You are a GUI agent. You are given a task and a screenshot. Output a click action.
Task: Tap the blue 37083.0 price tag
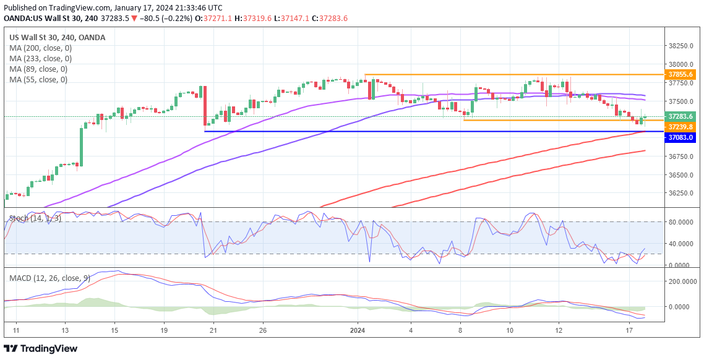[x=681, y=138]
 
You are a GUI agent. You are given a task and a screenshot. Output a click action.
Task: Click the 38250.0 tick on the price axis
[x=682, y=46]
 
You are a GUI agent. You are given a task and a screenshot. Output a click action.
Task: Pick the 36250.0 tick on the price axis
[x=682, y=194]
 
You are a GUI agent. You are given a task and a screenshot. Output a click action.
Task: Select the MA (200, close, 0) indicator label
[x=40, y=48]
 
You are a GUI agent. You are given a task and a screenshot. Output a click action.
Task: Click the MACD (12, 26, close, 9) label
[x=49, y=278]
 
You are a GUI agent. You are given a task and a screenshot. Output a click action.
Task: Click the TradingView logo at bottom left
[x=41, y=348]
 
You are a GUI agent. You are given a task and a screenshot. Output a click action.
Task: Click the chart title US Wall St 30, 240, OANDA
[x=57, y=37]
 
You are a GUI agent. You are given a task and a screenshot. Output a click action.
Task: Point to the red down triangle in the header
[x=134, y=19]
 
